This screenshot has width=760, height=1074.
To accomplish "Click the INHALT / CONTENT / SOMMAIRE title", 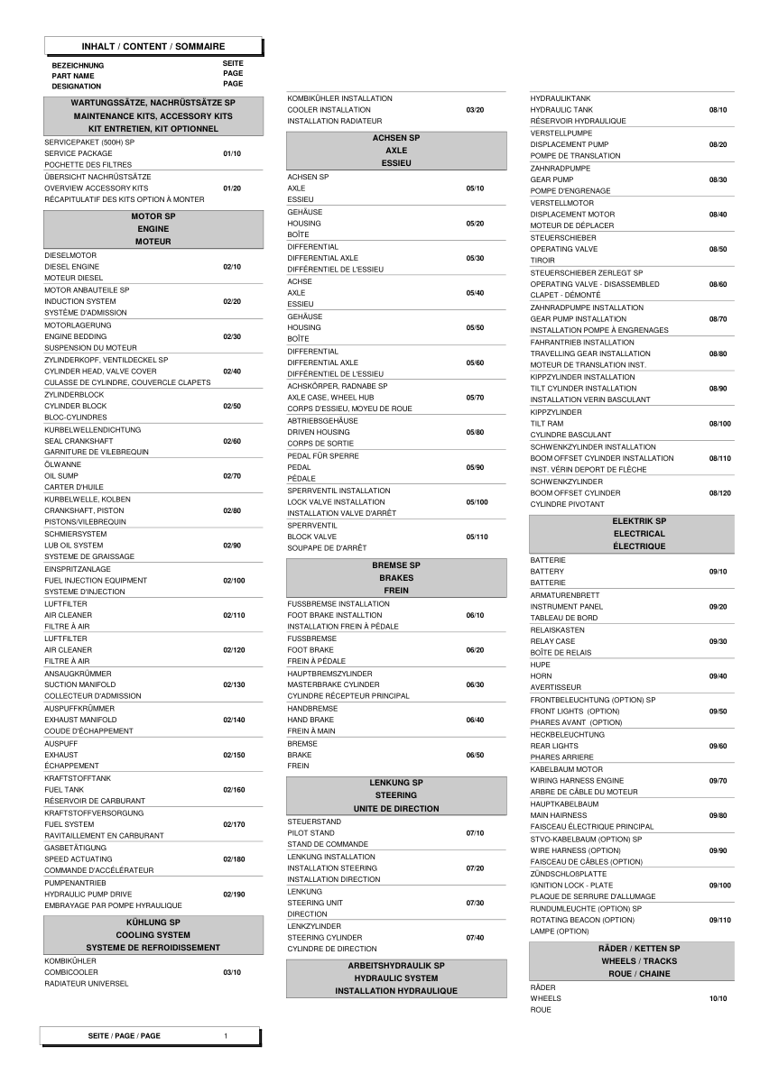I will tap(153, 46).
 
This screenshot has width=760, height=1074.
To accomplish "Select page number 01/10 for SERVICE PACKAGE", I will tap(232, 153).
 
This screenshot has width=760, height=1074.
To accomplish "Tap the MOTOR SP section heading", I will tap(153, 217).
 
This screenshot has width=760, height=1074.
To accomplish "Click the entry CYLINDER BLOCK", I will tap(75, 406).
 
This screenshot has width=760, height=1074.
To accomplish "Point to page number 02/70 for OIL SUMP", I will tap(232, 475).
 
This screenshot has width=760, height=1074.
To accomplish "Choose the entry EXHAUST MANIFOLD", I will tap(80, 720).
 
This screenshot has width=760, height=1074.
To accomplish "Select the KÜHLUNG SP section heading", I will tap(153, 923).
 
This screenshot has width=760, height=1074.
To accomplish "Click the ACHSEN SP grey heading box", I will tap(396, 151).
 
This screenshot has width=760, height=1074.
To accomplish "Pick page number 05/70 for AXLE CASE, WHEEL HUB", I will tap(475, 397).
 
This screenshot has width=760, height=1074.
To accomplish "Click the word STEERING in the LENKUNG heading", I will tap(396, 795).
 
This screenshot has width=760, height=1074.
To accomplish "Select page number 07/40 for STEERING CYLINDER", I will tap(475, 937).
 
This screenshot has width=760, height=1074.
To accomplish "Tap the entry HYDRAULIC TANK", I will tap(561, 109).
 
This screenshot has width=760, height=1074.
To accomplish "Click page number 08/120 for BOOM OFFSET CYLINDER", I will tap(719, 492).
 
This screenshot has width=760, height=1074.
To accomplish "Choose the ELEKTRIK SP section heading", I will tap(639, 521).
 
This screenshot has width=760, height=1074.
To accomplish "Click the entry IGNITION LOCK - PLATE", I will tap(571, 886).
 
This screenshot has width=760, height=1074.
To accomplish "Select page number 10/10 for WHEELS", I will tap(718, 998).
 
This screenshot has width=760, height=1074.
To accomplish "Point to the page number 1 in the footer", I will tap(227, 1036).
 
